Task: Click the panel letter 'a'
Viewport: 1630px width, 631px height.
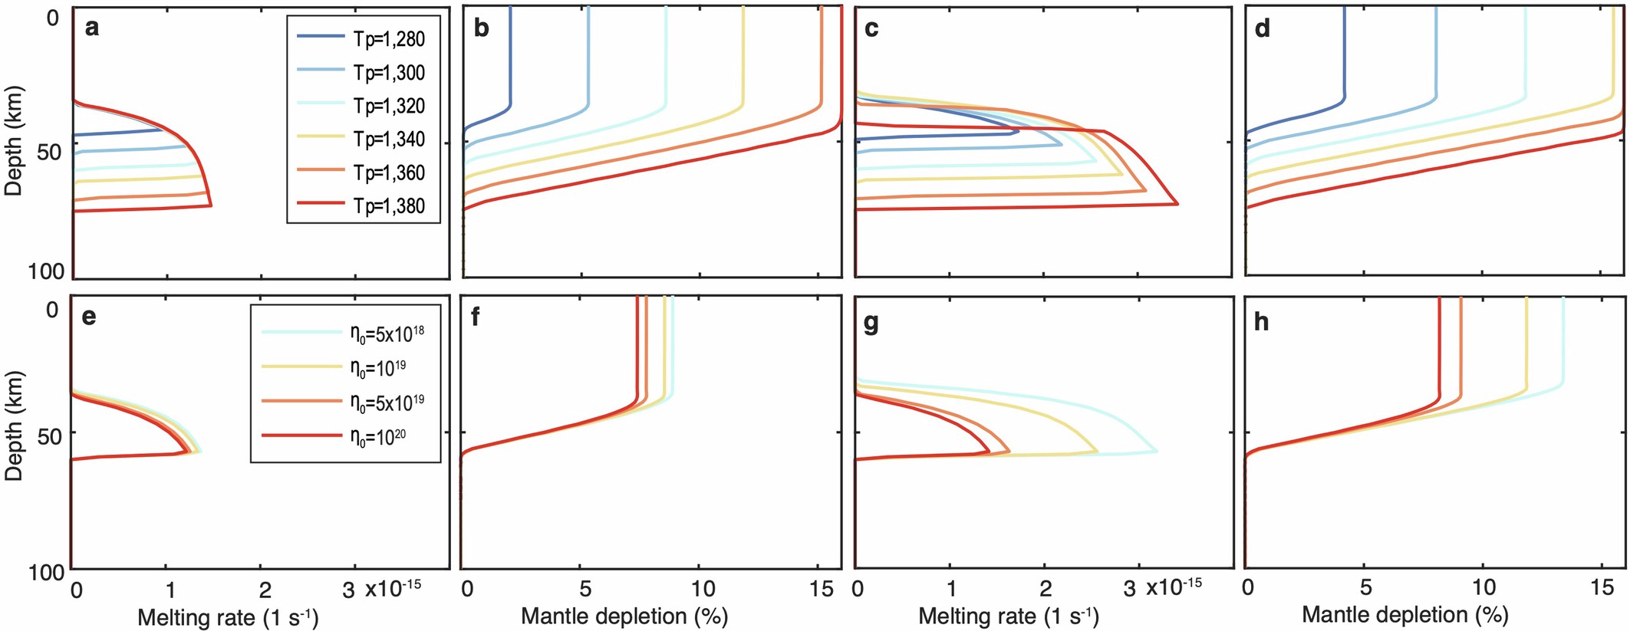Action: [92, 29]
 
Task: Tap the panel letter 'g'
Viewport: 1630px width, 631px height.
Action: [871, 323]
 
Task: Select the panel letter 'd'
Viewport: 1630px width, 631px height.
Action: [1262, 29]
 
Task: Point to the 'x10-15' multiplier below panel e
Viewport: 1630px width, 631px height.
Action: [392, 588]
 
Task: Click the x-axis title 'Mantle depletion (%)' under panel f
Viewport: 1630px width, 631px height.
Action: [624, 616]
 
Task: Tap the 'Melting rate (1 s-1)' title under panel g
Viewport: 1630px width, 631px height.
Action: [1008, 616]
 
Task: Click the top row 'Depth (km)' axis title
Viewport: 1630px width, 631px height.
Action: [14, 141]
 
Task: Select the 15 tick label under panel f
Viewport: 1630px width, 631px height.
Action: [822, 590]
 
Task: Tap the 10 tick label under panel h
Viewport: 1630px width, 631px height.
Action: [1484, 588]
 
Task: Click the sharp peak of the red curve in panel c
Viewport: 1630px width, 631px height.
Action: [1177, 204]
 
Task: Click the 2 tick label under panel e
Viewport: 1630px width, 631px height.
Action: [265, 590]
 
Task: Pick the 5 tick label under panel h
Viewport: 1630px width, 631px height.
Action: [1365, 588]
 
